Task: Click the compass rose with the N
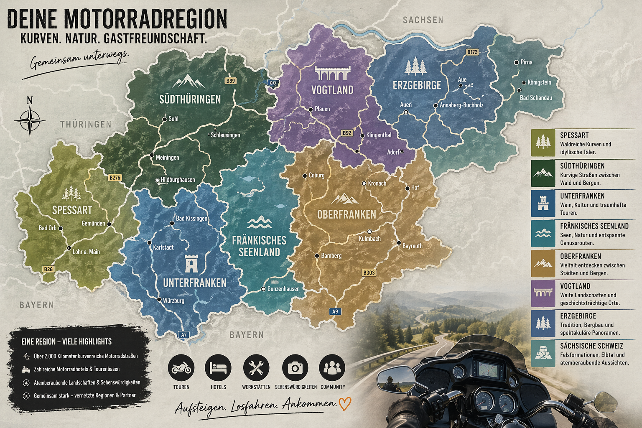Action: [30, 120]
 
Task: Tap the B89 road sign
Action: [230, 81]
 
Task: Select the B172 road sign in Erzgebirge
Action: [472, 52]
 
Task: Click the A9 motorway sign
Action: [335, 311]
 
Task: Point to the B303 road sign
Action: [369, 273]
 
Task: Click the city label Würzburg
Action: [173, 301]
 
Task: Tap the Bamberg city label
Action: [331, 255]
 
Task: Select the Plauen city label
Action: [322, 109]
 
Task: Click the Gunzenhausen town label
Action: [283, 289]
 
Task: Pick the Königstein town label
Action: [539, 82]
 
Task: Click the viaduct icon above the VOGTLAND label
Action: [332, 73]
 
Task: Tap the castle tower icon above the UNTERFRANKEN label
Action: [191, 263]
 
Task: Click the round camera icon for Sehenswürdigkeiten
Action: [295, 368]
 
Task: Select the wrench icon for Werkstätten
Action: [256, 368]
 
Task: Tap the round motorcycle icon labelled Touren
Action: [181, 368]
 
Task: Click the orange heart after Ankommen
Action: [344, 403]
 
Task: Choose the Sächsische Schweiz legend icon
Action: [543, 354]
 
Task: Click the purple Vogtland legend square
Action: [543, 293]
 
